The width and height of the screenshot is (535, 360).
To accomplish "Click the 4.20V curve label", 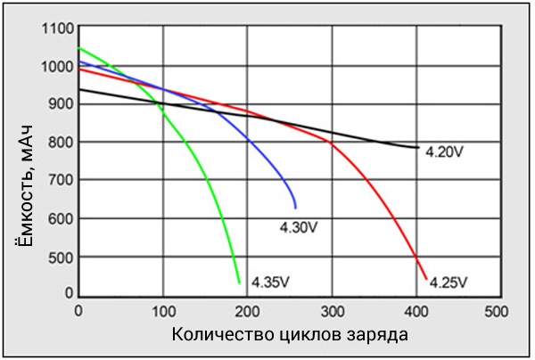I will click(443, 151).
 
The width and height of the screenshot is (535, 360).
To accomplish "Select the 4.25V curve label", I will click(448, 283).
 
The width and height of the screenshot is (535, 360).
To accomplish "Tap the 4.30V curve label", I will click(299, 227).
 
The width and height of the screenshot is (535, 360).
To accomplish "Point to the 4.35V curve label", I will click(270, 282).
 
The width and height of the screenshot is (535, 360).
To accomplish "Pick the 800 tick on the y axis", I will click(60, 143).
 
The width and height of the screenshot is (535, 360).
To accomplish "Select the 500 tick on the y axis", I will click(60, 257).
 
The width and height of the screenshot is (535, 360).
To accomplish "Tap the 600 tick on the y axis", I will click(60, 219).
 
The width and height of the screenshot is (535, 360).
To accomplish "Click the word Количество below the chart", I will click(210, 336).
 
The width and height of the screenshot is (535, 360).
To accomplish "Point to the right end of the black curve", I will click(418, 148).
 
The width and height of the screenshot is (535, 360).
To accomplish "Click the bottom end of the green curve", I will click(240, 283).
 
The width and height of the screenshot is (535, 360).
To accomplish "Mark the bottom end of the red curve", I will click(426, 280).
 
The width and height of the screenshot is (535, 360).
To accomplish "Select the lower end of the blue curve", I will click(295, 208).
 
